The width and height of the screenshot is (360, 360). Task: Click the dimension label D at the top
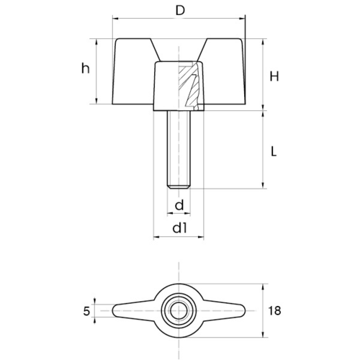(180, 11)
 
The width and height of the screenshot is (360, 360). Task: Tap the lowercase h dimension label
(86, 68)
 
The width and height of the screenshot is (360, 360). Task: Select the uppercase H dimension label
(274, 76)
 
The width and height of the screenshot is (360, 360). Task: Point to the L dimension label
(274, 151)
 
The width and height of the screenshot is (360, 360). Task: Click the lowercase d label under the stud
(179, 205)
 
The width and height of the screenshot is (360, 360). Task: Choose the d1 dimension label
(179, 228)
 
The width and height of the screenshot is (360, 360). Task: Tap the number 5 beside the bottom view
(86, 311)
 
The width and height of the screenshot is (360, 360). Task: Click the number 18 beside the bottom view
(274, 310)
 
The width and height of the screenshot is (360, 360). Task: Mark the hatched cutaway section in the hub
(189, 85)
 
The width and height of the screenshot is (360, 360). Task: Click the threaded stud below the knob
(179, 149)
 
